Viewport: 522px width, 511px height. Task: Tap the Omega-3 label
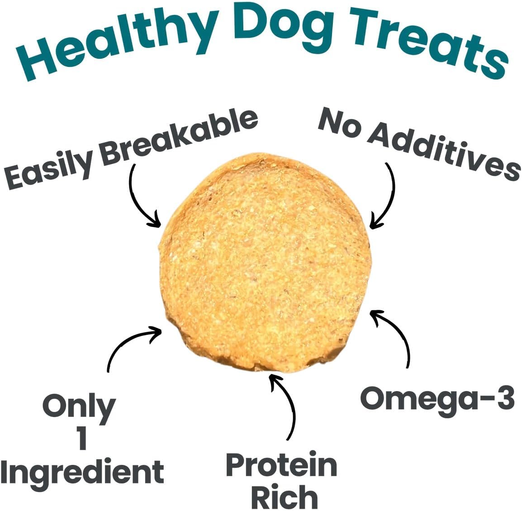pyautogui.click(x=437, y=398)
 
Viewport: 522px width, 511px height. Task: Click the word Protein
pyautogui.click(x=281, y=465)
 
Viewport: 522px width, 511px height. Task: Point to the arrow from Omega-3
pyautogui.click(x=398, y=335)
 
